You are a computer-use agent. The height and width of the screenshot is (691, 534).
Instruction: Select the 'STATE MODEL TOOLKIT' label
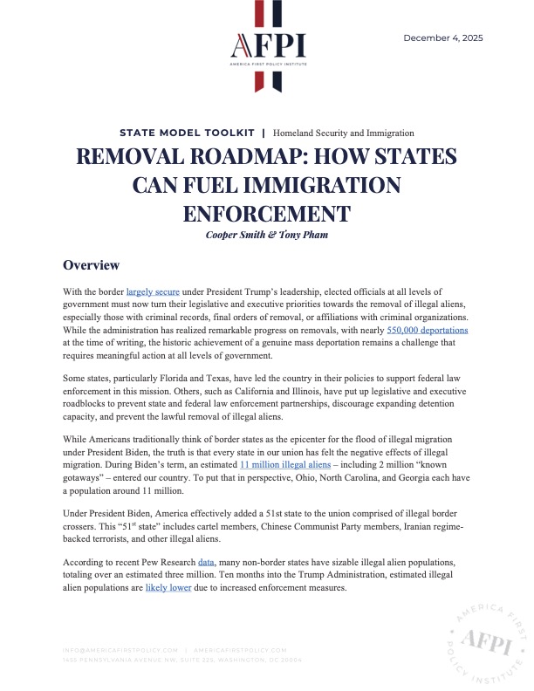[187, 133]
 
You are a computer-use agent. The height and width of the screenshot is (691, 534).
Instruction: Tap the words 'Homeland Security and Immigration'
[343, 133]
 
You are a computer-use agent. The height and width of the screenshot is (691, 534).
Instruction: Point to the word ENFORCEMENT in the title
[266, 213]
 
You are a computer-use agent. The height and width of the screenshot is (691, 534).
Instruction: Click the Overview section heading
[91, 264]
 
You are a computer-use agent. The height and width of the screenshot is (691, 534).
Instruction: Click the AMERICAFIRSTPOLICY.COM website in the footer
[240, 650]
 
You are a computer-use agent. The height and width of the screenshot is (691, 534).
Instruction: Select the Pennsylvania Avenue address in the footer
[183, 660]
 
